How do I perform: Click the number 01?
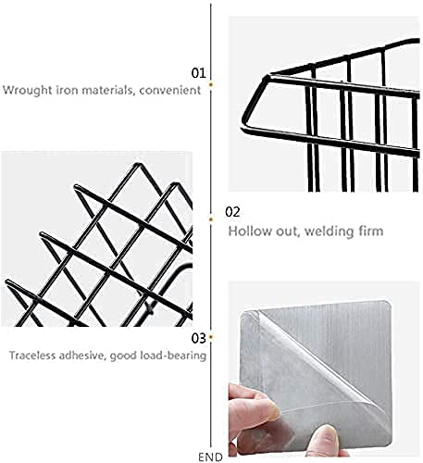[x=198, y=73]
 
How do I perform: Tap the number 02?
[x=232, y=212]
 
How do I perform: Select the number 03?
[x=198, y=338]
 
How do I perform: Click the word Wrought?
[x=28, y=90]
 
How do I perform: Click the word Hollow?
[x=250, y=231]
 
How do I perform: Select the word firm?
[x=369, y=231]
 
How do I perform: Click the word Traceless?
[x=32, y=356]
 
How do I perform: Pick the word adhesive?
[x=82, y=356]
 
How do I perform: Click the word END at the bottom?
[x=210, y=457]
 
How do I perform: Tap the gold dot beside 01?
[x=211, y=84]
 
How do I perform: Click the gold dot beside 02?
[x=211, y=219]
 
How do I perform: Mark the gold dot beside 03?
[x=211, y=337]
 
